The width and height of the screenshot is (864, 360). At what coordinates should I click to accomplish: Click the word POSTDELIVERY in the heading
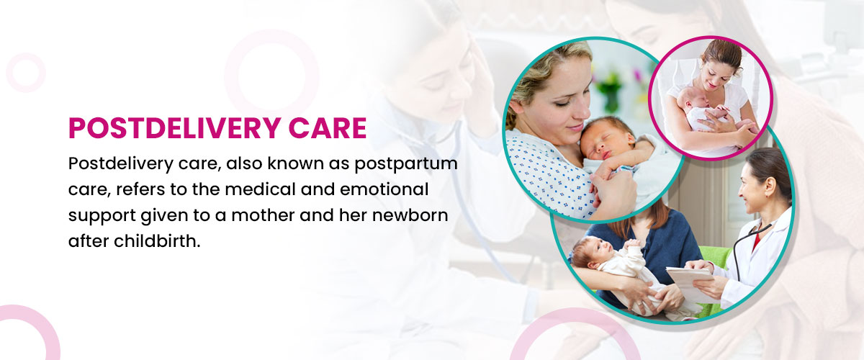tap(174, 128)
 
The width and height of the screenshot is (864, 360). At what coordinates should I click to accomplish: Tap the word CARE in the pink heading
tap(328, 128)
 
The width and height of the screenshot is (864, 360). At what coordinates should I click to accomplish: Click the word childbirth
tap(157, 241)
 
